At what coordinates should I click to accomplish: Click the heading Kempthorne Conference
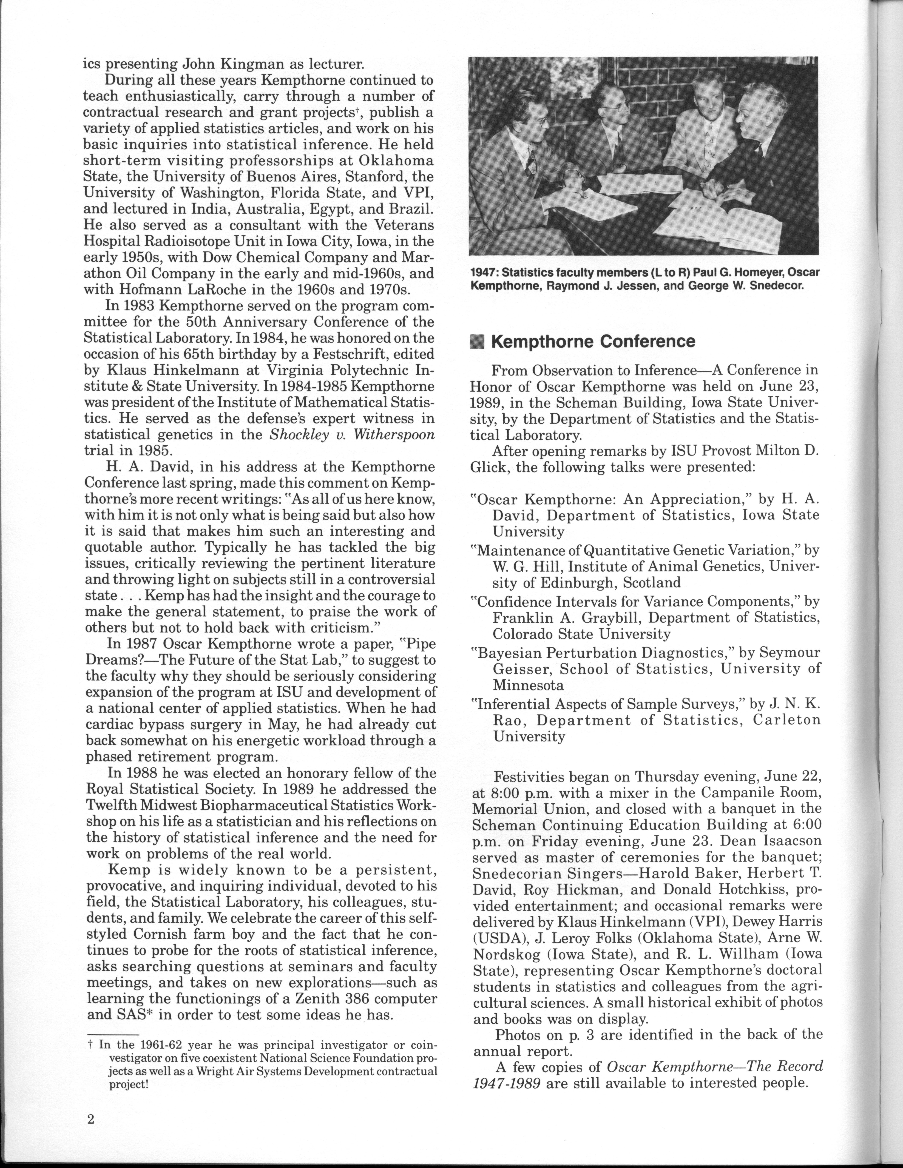pos(593,342)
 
